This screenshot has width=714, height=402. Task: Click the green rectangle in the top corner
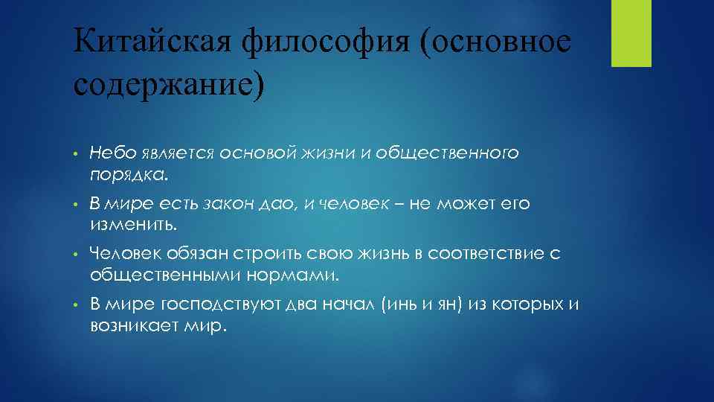[631, 33]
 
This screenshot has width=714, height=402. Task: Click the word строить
[215, 255]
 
